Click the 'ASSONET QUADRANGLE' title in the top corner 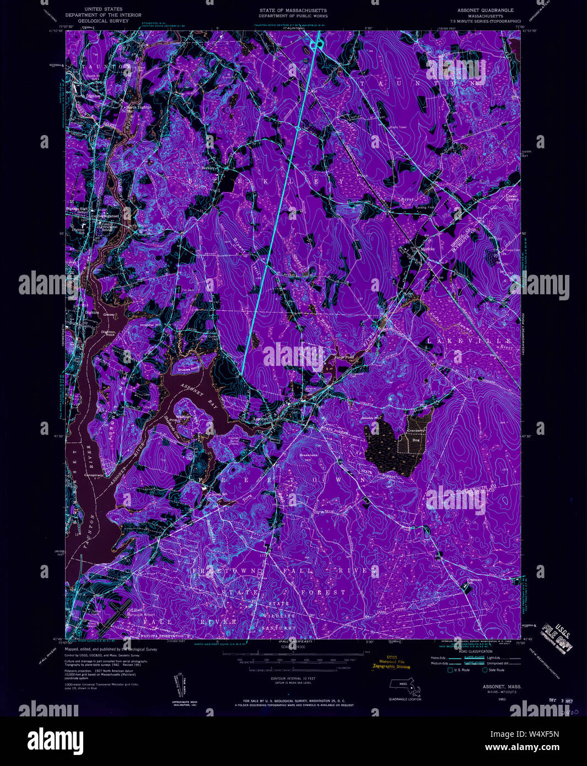pyautogui.click(x=485, y=10)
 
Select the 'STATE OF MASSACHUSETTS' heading pyautogui.click(x=293, y=10)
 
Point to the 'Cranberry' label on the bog pyautogui.click(x=416, y=431)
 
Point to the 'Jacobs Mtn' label pyautogui.click(x=371, y=418)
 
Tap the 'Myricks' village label pyautogui.click(x=427, y=249)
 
